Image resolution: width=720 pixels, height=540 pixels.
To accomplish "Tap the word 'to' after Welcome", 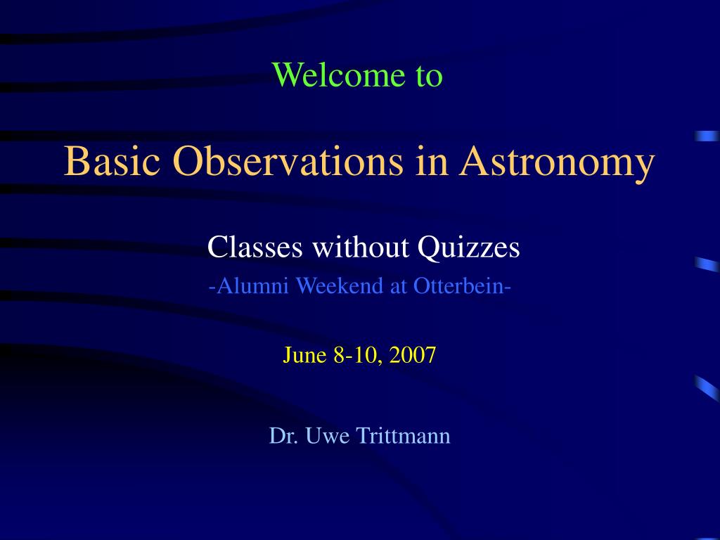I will pos(428,76).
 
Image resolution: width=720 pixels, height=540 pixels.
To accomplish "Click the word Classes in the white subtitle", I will pos(255,247).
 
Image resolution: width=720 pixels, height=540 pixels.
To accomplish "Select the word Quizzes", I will pos(469,247).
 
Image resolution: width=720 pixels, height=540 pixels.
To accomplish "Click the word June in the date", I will pos(305,355).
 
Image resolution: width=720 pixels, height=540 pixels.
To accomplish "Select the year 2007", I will pos(413,355).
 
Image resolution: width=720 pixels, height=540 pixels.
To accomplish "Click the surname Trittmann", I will pos(403,436).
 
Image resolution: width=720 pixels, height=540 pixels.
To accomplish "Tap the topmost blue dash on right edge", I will pos(707,136).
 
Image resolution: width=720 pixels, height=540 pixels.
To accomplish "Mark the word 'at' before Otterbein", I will pos(399,285).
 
